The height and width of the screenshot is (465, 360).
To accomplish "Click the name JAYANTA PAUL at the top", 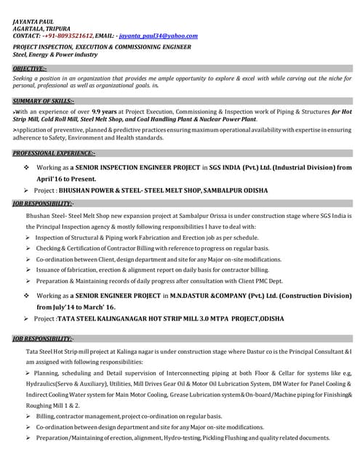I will (x=33, y=22).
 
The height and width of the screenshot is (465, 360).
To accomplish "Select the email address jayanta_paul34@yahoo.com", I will (x=158, y=35).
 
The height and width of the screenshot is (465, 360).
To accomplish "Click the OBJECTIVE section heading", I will (x=30, y=68).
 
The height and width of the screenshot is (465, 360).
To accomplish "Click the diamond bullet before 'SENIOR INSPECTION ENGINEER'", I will (x=27, y=167).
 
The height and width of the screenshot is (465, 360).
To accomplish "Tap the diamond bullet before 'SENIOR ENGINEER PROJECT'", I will (x=27, y=296).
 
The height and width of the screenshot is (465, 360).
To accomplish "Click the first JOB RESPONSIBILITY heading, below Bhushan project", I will (x=44, y=203).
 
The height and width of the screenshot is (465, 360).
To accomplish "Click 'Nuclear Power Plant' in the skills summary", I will (x=225, y=118).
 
